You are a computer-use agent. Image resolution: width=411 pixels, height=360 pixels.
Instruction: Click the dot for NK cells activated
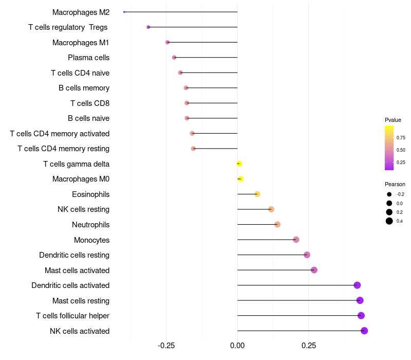(364, 331)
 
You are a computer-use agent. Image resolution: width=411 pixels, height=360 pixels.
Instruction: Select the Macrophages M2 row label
(81, 12)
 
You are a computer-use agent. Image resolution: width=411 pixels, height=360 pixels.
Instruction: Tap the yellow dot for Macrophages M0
(240, 179)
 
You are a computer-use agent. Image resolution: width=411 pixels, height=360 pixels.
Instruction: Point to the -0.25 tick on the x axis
(166, 346)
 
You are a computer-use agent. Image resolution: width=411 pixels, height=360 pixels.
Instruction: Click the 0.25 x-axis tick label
(309, 346)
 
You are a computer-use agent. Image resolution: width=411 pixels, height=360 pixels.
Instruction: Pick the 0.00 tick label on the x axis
(237, 346)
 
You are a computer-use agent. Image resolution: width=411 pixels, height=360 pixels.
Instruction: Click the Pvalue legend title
(393, 120)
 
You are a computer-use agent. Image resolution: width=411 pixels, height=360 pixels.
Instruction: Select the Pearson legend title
(395, 184)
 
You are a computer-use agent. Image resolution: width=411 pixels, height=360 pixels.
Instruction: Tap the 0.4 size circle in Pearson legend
(389, 221)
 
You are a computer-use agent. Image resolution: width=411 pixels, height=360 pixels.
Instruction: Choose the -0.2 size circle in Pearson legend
(389, 194)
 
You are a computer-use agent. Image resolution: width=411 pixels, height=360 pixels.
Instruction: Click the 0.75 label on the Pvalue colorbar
(401, 138)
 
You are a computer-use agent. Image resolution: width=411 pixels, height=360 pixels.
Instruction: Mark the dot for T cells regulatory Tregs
(148, 27)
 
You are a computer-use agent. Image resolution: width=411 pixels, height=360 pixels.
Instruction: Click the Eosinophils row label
(90, 194)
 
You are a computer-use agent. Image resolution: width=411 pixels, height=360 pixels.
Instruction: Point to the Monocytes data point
(296, 240)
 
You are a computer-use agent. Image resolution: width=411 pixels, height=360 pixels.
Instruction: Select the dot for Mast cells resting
(360, 300)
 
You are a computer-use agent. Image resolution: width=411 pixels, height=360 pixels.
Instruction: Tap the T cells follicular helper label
(72, 316)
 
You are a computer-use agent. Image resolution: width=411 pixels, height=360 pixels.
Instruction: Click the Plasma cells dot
(174, 58)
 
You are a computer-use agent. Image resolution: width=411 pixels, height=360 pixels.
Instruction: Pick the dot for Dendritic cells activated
(357, 285)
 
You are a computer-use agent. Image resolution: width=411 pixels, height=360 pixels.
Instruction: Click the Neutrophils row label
(90, 225)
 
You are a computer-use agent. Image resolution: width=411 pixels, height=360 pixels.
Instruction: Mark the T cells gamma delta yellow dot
(239, 164)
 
